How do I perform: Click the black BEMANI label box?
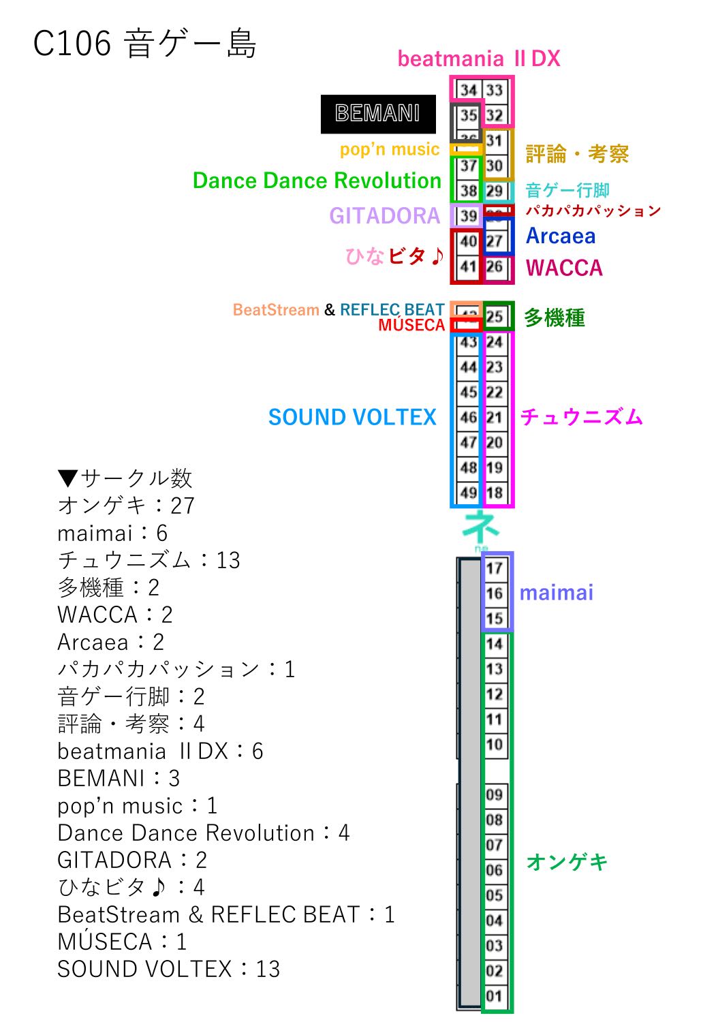378,114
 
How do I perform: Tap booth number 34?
468,90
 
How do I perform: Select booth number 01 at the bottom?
495,996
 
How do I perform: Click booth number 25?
495,316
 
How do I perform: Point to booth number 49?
468,492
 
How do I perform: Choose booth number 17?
495,568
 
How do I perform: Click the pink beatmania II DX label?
479,59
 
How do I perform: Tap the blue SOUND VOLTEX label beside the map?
352,417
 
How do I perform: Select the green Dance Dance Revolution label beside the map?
317,181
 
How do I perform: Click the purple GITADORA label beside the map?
384,216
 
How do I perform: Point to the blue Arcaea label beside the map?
561,236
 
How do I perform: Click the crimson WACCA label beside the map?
564,268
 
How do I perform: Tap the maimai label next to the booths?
556,593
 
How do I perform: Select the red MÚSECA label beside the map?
411,326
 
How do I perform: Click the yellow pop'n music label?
390,149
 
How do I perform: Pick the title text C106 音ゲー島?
145,45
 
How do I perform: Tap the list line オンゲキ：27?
127,506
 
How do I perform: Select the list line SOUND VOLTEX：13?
169,969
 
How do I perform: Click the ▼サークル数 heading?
125,478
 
